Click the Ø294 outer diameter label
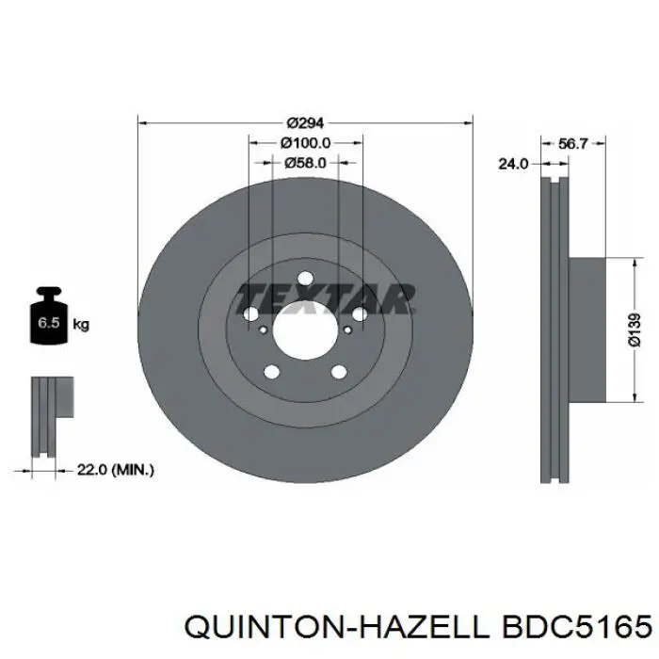click(305, 122)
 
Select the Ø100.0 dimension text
click(305, 143)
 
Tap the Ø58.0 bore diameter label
click(305, 163)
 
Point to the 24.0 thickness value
click(512, 163)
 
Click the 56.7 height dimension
click(572, 144)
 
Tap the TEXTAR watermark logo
click(325, 297)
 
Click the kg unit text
click(82, 326)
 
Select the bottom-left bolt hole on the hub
click(272, 372)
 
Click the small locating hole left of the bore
click(261, 329)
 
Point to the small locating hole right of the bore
click(348, 329)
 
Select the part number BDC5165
click(575, 626)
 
